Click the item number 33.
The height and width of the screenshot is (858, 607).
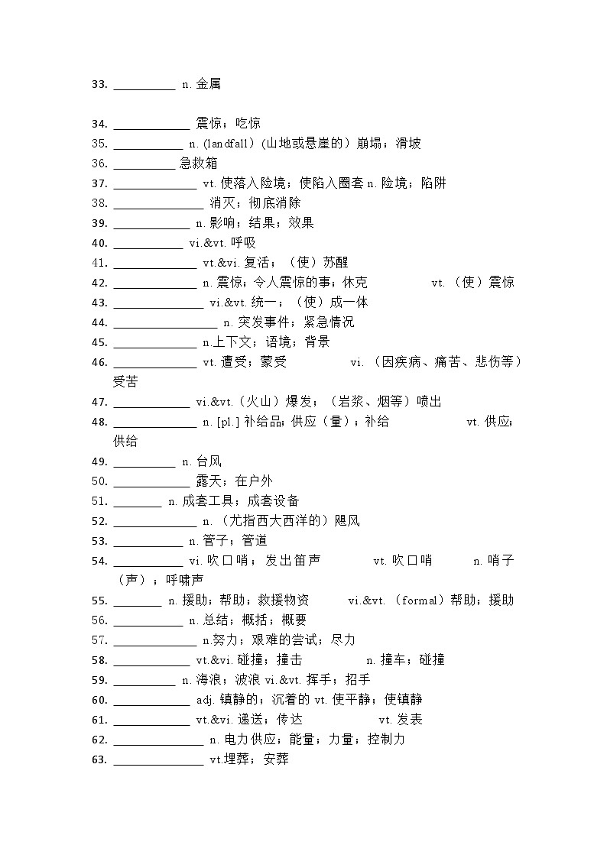coord(99,84)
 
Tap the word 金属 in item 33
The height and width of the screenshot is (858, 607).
coord(209,84)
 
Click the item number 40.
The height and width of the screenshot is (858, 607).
coord(99,243)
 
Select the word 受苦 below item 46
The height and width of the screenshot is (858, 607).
coord(125,381)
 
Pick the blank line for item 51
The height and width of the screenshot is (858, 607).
coord(138,504)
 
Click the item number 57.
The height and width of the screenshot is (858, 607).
coord(99,640)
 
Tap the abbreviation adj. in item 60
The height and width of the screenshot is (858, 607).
coord(206,700)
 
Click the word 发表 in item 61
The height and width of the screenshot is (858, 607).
coord(410,720)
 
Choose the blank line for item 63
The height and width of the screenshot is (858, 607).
coord(158,762)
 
